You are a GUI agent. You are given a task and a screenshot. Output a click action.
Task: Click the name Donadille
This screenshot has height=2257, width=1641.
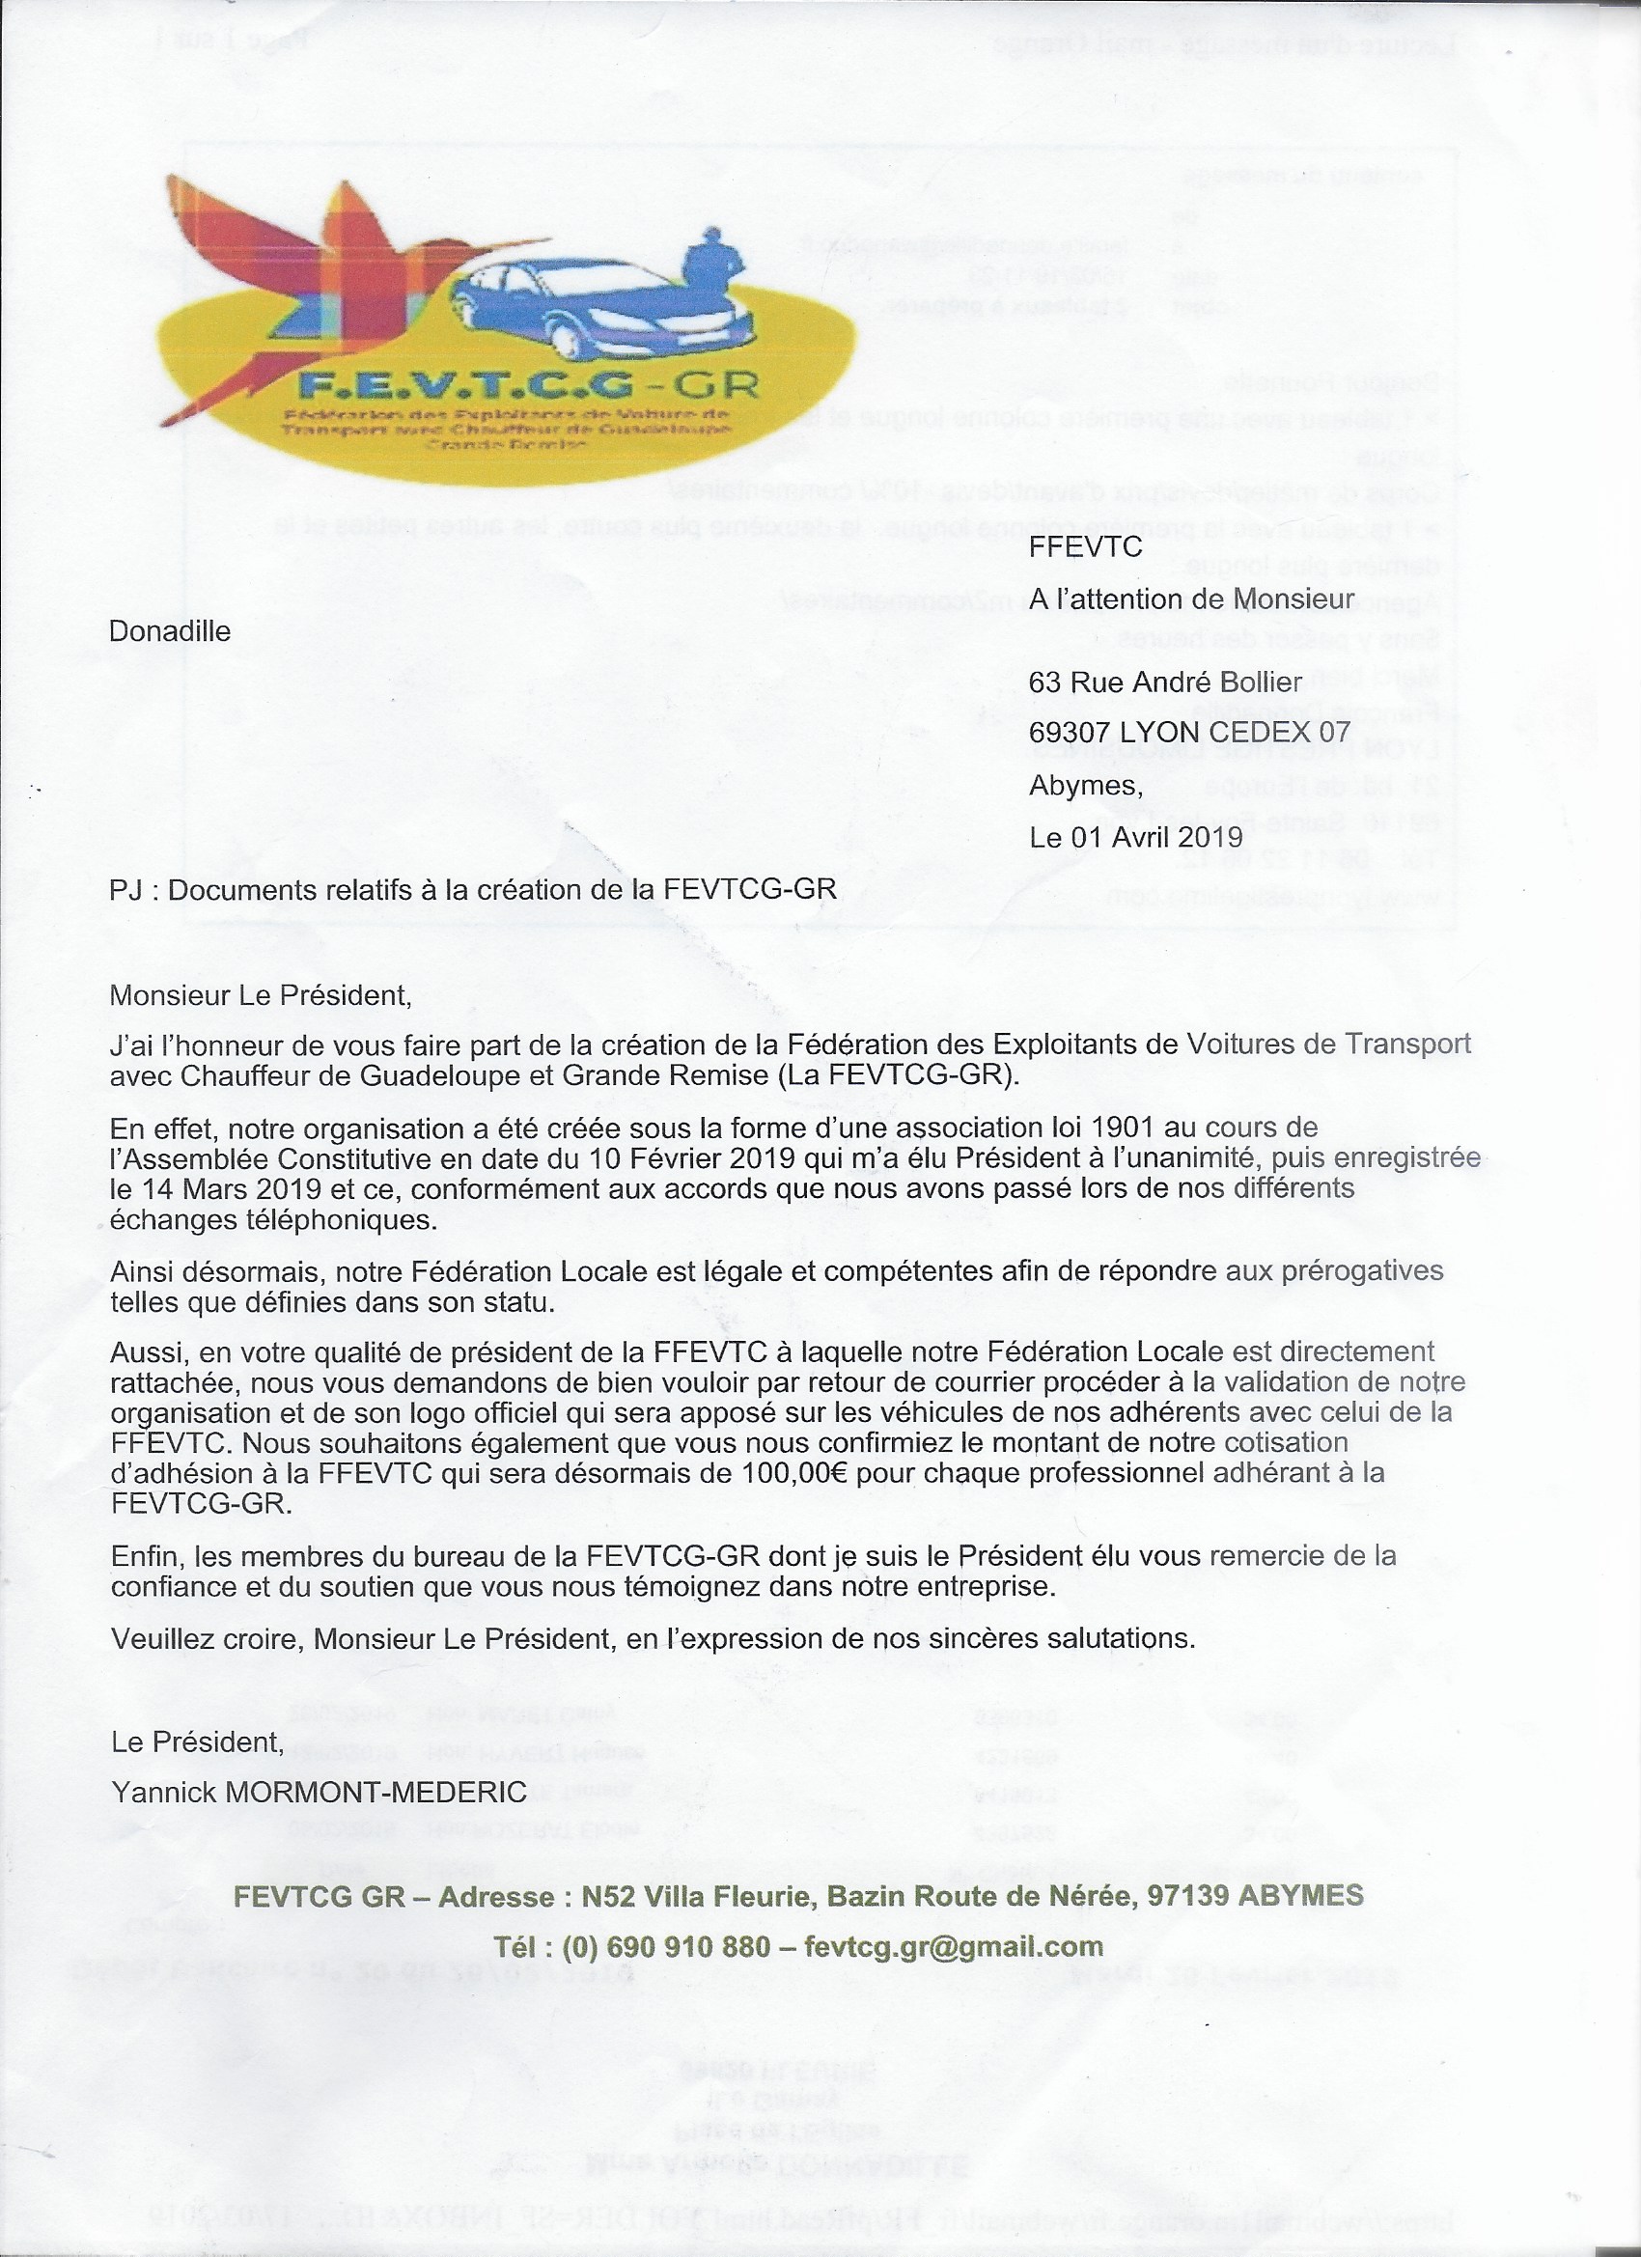[169, 632]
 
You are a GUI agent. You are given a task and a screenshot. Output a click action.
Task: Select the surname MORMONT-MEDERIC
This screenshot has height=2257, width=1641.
[376, 1793]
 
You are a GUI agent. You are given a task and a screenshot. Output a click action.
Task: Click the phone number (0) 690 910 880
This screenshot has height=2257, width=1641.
[666, 1946]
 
